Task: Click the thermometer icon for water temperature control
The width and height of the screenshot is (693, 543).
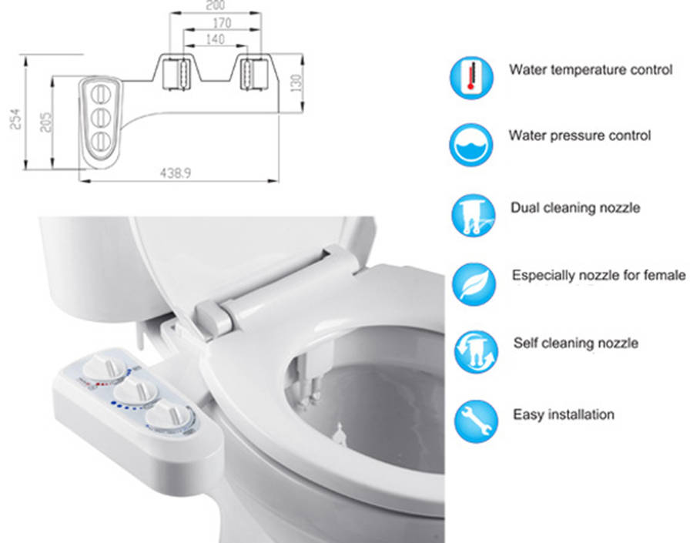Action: pos(471,78)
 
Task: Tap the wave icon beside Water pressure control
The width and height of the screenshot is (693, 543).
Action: pos(471,145)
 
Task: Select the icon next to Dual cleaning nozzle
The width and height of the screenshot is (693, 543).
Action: pos(474,216)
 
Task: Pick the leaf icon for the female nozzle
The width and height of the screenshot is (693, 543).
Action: pos(474,284)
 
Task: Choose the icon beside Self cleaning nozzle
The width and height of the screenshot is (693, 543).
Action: pos(476,352)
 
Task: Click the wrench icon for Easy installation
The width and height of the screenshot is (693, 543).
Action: pos(477,421)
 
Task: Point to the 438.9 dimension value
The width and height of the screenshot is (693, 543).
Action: pos(176,173)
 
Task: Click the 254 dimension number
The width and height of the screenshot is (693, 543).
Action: pos(15,119)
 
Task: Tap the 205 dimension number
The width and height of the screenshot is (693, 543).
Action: pos(45,122)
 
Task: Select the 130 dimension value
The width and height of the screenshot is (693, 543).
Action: pos(296,82)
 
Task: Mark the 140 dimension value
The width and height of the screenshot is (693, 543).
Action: pos(216,39)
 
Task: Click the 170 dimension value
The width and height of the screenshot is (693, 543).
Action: pos(222,22)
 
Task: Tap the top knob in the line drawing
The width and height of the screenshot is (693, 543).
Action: pos(100,94)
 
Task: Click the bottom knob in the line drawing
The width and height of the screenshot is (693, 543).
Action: pos(101,141)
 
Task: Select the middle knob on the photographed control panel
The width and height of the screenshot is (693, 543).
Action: pos(136,391)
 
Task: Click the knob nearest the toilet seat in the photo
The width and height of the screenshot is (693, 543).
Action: pos(170,416)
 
